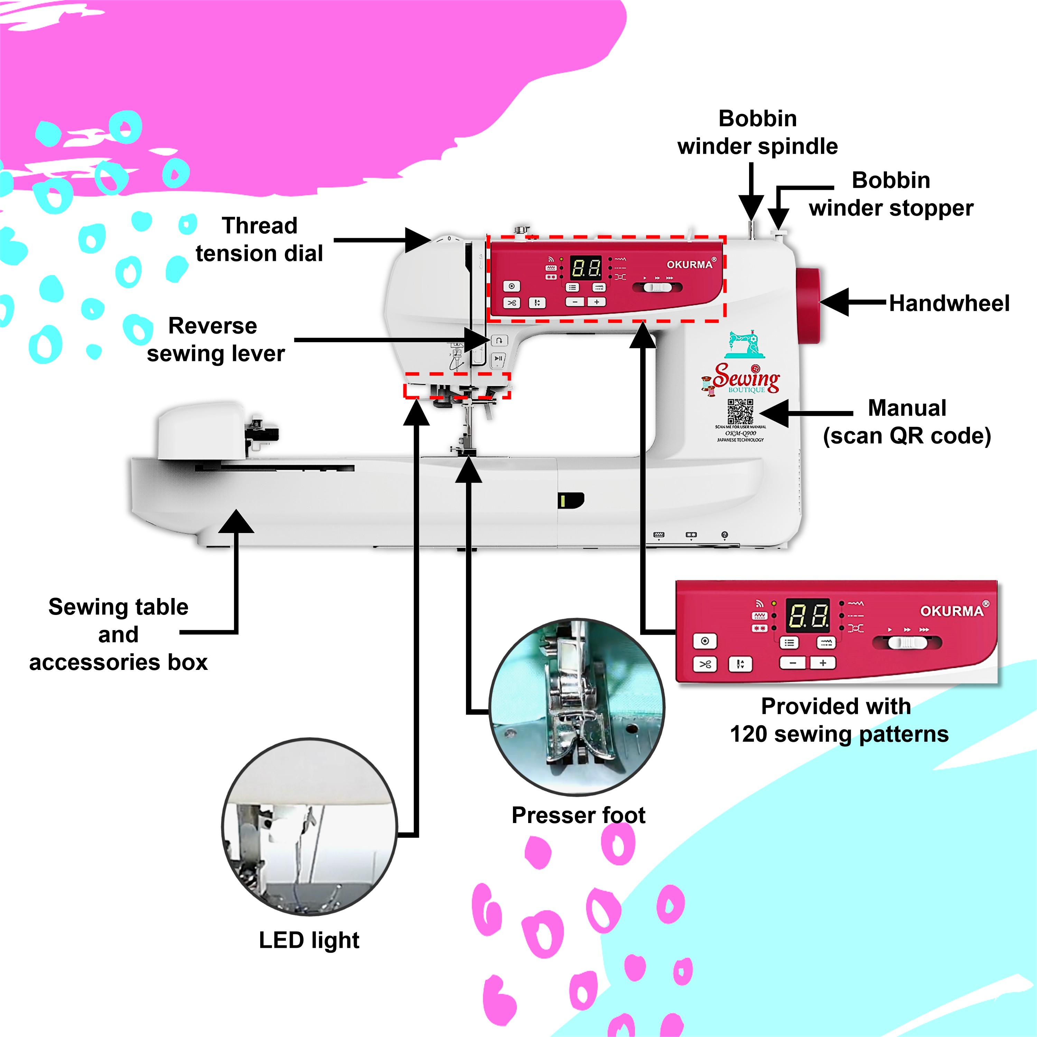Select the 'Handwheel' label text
coord(949,303)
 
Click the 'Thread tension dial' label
coord(259,240)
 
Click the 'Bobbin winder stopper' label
coord(891,194)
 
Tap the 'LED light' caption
coord(309,940)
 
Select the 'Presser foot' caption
coord(578,815)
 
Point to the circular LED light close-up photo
coord(310,826)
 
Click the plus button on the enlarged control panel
coord(822,663)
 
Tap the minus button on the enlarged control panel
coord(792,663)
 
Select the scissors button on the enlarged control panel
coord(705,664)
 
